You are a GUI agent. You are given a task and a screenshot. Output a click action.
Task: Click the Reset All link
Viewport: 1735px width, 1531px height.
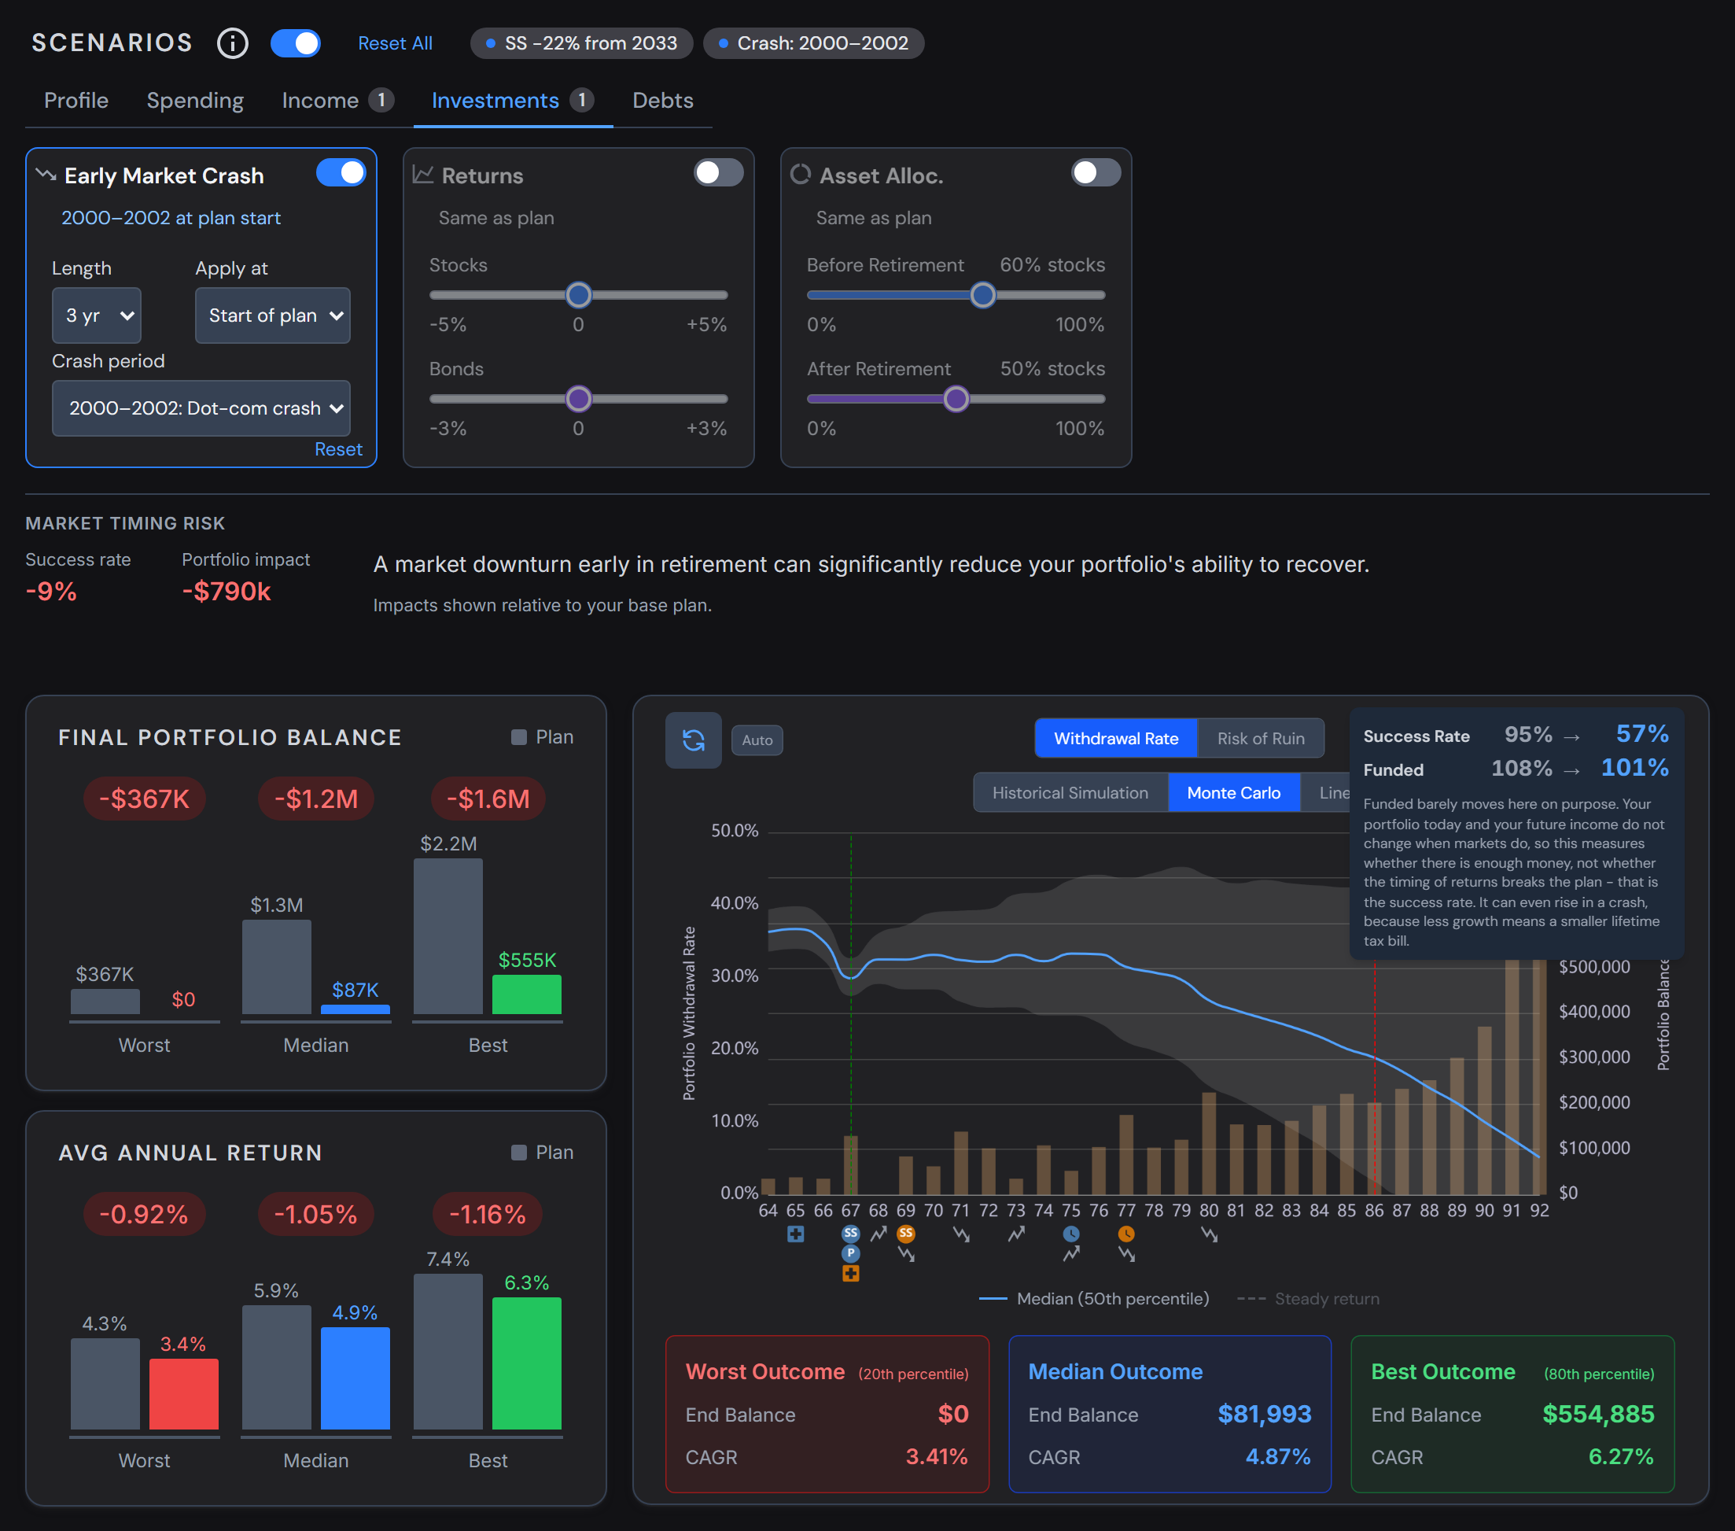pyautogui.click(x=395, y=43)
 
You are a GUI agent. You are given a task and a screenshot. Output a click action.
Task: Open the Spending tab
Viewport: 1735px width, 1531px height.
pyautogui.click(x=195, y=100)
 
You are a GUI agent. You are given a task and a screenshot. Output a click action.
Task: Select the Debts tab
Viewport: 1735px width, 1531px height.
pyautogui.click(x=663, y=100)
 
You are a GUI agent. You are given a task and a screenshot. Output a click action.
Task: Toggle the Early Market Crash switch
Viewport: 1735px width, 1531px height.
pyautogui.click(x=341, y=172)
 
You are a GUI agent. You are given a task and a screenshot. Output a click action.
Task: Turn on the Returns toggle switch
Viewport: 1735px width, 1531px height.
pyautogui.click(x=718, y=172)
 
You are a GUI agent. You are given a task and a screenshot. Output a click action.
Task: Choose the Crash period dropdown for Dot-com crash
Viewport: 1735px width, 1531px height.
pyautogui.click(x=201, y=408)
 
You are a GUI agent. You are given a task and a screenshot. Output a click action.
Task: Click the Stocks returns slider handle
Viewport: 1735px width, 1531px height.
pyautogui.click(x=579, y=295)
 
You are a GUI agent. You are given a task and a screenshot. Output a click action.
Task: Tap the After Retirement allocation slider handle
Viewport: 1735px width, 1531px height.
pyautogui.click(x=956, y=398)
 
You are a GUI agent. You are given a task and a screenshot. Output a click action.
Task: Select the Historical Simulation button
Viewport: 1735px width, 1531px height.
pyautogui.click(x=1070, y=792)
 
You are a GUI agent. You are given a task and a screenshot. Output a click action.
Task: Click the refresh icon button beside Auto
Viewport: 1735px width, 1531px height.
pyautogui.click(x=694, y=740)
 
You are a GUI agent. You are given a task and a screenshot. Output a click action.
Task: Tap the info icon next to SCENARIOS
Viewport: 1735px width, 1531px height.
pyautogui.click(x=233, y=43)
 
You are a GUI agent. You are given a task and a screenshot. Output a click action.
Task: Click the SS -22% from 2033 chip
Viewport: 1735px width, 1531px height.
pyautogui.click(x=581, y=43)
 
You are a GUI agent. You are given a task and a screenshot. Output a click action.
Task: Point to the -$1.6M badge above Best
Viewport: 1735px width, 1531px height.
pyautogui.click(x=488, y=799)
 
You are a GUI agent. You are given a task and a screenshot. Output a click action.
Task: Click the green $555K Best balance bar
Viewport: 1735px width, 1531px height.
pyautogui.click(x=527, y=994)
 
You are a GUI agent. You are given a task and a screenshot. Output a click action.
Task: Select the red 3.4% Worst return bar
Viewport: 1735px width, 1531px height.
pyautogui.click(x=184, y=1393)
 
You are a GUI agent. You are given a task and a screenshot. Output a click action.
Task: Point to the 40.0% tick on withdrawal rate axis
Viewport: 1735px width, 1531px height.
pyautogui.click(x=735, y=902)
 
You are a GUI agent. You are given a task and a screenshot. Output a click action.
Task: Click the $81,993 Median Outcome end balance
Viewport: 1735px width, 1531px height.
pyautogui.click(x=1264, y=1414)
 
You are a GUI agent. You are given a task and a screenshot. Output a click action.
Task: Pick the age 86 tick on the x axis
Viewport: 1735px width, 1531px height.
pyautogui.click(x=1374, y=1210)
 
